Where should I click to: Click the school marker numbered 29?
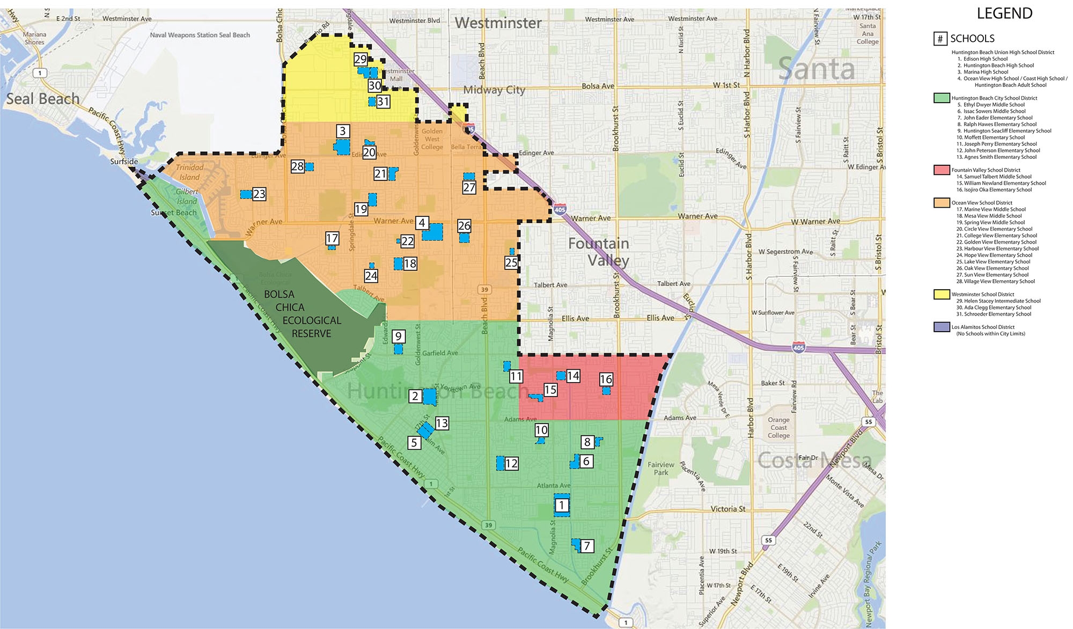361,59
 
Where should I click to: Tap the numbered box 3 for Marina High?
343,131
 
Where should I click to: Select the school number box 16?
606,379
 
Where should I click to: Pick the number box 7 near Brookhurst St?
587,546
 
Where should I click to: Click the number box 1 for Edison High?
562,505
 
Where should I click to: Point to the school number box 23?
259,194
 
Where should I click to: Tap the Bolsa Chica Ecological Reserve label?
303,314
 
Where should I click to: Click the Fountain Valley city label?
599,252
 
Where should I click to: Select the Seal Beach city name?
43,99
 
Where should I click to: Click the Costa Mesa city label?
814,460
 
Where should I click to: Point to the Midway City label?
494,90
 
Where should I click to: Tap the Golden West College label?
432,139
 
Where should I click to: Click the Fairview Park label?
660,469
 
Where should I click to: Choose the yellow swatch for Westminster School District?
942,294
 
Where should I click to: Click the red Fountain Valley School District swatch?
942,170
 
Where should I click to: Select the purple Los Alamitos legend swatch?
942,327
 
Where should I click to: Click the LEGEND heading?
1004,13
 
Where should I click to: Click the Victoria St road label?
727,509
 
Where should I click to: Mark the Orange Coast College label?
778,428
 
